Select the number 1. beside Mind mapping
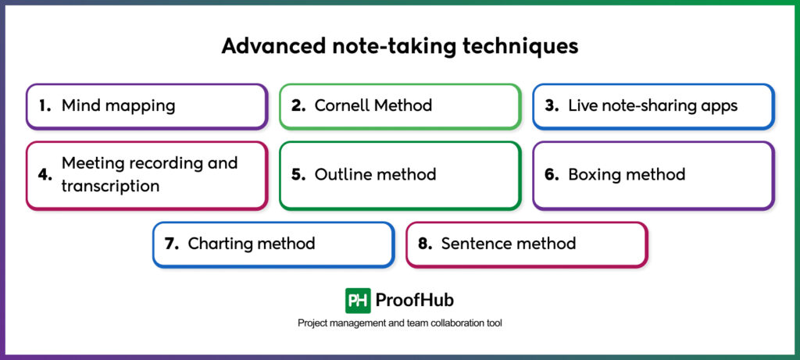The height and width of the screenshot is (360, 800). tap(45, 105)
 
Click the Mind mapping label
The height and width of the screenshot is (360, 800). tap(118, 105)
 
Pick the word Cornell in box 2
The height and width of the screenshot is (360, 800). tap(341, 105)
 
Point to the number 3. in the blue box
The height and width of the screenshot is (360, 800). tap(552, 105)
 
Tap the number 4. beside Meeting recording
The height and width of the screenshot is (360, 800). tap(45, 175)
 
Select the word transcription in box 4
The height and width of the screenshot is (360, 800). tap(110, 187)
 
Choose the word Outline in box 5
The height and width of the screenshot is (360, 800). tap(342, 175)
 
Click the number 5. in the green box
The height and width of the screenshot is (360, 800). tap(298, 175)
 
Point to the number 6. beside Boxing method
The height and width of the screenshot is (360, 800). tap(552, 175)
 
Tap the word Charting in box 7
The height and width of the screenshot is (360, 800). tap(220, 244)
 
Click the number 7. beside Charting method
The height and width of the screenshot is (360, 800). tap(172, 244)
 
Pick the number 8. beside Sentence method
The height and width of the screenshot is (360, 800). tap(425, 244)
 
